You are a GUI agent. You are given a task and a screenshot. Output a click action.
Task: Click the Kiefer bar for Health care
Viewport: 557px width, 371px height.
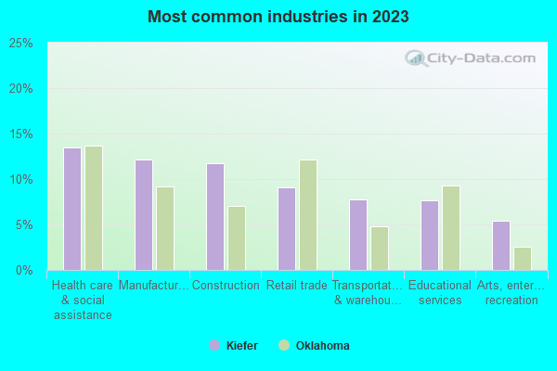point(72,209)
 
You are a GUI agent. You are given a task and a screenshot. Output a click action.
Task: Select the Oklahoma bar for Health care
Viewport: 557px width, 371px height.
point(94,208)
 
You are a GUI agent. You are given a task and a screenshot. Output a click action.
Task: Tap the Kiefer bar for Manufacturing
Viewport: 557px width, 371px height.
point(144,215)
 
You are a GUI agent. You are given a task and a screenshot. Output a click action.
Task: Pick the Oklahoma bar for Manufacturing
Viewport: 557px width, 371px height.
point(165,228)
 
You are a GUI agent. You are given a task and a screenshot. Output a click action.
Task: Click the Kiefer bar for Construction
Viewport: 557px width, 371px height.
point(215,217)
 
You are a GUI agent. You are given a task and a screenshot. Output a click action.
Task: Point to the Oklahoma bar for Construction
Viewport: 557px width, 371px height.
point(237,238)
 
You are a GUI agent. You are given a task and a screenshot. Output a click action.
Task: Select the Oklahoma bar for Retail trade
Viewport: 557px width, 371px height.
point(308,215)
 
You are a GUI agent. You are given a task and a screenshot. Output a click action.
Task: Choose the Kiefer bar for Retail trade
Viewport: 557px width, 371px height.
point(287,229)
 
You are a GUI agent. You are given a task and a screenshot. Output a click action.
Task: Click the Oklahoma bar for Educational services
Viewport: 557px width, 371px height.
point(451,228)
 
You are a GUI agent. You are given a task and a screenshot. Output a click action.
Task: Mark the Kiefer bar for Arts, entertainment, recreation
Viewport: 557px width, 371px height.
point(501,246)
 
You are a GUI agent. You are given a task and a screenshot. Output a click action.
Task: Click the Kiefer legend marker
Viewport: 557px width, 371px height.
point(214,346)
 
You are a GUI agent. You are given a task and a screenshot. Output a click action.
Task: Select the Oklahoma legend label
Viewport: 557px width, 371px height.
point(322,346)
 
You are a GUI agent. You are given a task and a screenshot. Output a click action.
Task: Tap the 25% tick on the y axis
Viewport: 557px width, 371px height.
point(21,44)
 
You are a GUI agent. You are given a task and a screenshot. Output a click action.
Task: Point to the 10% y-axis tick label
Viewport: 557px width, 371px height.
point(21,180)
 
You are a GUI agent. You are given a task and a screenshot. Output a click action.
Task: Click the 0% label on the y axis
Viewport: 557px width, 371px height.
point(24,271)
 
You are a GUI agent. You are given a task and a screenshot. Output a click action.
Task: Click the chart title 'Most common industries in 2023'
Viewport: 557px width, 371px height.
point(278,17)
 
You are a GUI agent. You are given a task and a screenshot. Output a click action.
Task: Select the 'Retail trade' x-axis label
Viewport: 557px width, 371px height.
point(297,286)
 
